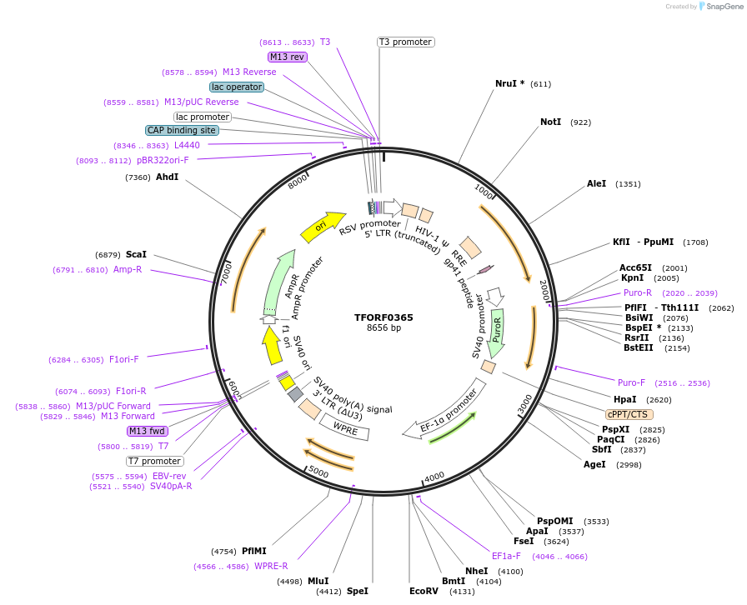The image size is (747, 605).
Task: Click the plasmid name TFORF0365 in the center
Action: click(x=384, y=317)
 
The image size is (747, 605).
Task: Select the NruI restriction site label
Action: click(x=505, y=83)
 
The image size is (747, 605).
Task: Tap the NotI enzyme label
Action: click(x=550, y=122)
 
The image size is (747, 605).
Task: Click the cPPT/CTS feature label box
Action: click(x=629, y=414)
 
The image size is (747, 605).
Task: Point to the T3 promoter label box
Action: click(x=405, y=42)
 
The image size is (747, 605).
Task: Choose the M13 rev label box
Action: click(x=287, y=57)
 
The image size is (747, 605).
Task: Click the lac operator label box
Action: click(x=237, y=87)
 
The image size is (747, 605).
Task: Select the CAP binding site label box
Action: click(x=182, y=130)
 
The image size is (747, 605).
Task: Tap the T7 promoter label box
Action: click(x=154, y=461)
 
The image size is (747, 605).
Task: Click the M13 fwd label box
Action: click(x=147, y=431)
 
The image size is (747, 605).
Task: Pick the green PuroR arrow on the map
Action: click(x=497, y=327)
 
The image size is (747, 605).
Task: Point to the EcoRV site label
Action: click(x=424, y=591)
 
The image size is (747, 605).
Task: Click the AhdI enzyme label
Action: click(x=167, y=177)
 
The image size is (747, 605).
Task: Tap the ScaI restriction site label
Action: click(x=136, y=254)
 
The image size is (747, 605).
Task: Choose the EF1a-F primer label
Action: click(x=506, y=556)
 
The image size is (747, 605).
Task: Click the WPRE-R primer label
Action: click(x=271, y=566)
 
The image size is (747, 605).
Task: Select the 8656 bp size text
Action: click(x=384, y=328)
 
